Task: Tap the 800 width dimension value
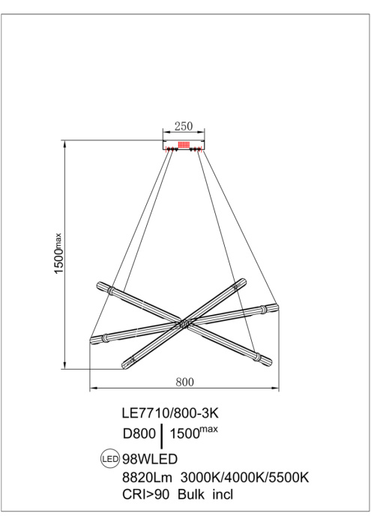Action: (184, 381)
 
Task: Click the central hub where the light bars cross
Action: (184, 324)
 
